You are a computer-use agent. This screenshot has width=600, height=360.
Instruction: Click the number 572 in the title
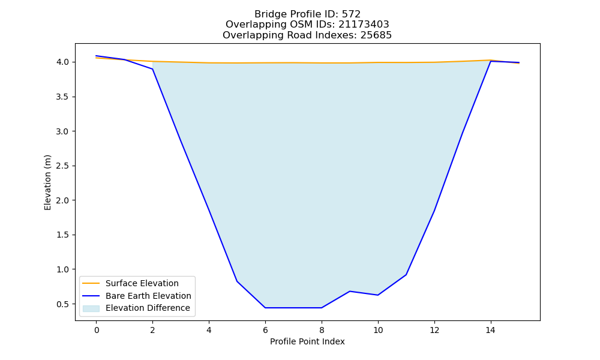tap(351, 14)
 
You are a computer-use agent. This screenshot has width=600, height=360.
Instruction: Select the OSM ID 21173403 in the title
tap(364, 25)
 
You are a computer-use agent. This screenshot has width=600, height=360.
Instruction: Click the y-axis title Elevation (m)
tap(47, 182)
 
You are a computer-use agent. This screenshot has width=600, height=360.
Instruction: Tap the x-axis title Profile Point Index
tap(307, 341)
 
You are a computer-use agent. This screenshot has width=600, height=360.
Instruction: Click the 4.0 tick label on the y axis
tap(63, 62)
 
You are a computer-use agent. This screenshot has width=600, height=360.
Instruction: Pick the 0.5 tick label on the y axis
tap(63, 304)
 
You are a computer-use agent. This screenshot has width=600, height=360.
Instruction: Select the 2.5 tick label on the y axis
tap(63, 166)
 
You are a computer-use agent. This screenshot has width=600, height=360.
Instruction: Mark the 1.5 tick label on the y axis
tap(63, 235)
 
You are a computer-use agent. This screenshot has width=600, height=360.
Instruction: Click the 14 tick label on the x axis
tap(491, 330)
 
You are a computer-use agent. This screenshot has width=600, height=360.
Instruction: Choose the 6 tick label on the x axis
tap(265, 330)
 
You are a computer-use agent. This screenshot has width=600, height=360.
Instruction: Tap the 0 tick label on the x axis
tap(97, 330)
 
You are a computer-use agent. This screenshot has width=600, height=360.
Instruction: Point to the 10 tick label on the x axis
tap(377, 330)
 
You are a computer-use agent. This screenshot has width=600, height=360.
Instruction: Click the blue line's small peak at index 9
tap(350, 291)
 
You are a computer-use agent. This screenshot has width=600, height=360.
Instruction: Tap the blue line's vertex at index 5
tap(237, 281)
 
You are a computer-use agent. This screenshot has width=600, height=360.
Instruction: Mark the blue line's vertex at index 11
tap(406, 275)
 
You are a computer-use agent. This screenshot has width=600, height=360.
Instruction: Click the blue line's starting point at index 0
tap(97, 56)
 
